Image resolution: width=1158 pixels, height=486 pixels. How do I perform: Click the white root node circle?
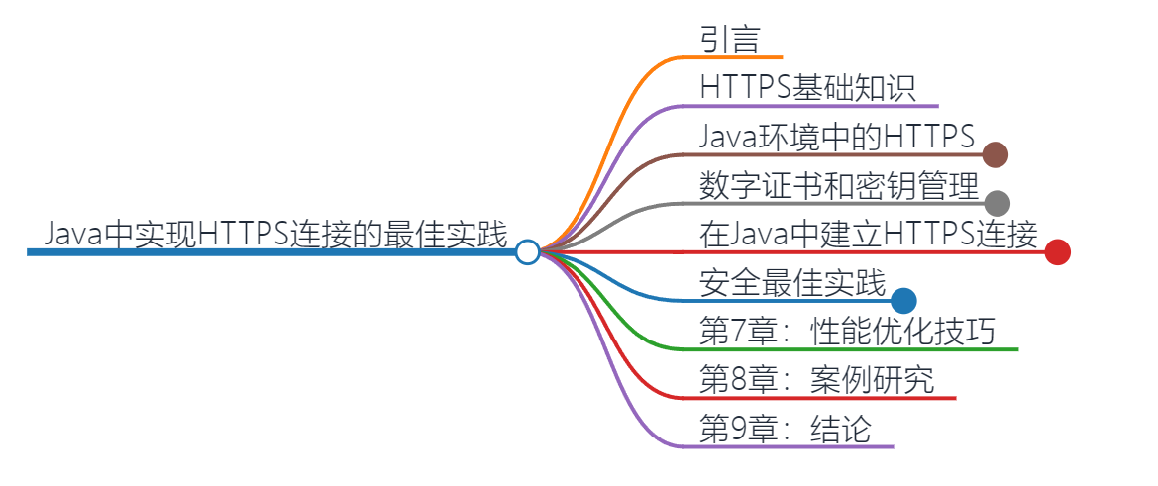point(528,252)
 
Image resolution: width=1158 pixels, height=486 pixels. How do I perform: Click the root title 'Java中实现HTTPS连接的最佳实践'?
point(276,235)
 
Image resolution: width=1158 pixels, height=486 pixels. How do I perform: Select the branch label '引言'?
point(729,40)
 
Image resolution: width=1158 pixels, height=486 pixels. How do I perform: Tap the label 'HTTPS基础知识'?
point(807,87)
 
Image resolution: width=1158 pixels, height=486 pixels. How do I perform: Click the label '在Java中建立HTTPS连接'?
point(869,235)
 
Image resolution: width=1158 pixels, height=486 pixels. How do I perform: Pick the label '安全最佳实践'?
point(792,283)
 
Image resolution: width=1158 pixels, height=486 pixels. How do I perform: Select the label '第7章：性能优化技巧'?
point(846,332)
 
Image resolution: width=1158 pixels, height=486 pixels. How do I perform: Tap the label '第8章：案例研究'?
point(816,380)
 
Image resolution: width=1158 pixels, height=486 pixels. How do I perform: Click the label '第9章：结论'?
point(785,429)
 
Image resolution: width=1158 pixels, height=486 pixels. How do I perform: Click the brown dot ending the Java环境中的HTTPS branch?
point(996,154)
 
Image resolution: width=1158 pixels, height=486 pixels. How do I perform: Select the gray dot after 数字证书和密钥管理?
point(997,203)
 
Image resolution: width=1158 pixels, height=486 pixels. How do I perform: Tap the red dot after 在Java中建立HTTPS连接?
point(1057,252)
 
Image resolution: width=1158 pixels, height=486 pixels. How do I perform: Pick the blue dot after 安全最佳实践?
point(903,301)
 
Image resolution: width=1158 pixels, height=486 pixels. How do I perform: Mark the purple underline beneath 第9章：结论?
point(792,446)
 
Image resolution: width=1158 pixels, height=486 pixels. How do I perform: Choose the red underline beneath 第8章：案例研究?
point(822,398)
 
